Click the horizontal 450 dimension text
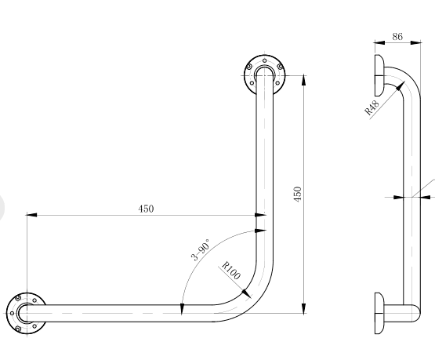pyautogui.click(x=146, y=209)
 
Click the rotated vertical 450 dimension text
pyautogui.click(x=297, y=194)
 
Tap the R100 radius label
pyautogui.click(x=231, y=272)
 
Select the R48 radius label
pyautogui.click(x=372, y=107)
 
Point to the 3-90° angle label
pyautogui.click(x=200, y=250)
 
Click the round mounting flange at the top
pyautogui.click(x=264, y=71)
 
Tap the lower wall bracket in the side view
pyautogui.click(x=379, y=313)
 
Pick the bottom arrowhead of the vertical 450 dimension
pyautogui.click(x=303, y=308)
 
